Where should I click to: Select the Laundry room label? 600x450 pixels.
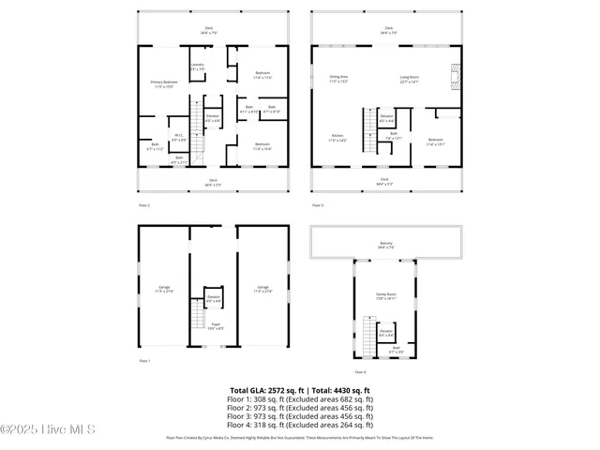click(x=197, y=67)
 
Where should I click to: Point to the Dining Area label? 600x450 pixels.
click(x=338, y=79)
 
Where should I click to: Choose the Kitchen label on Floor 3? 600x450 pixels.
click(x=337, y=139)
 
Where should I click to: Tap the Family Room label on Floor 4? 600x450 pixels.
click(x=386, y=297)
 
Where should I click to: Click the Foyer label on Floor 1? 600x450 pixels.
click(x=215, y=328)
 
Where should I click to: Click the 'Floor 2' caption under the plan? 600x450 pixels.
click(x=144, y=204)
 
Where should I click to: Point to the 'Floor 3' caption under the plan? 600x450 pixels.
click(x=317, y=204)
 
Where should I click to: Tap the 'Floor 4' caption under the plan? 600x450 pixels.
click(x=360, y=371)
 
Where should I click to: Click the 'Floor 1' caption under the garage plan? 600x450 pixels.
click(x=144, y=360)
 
